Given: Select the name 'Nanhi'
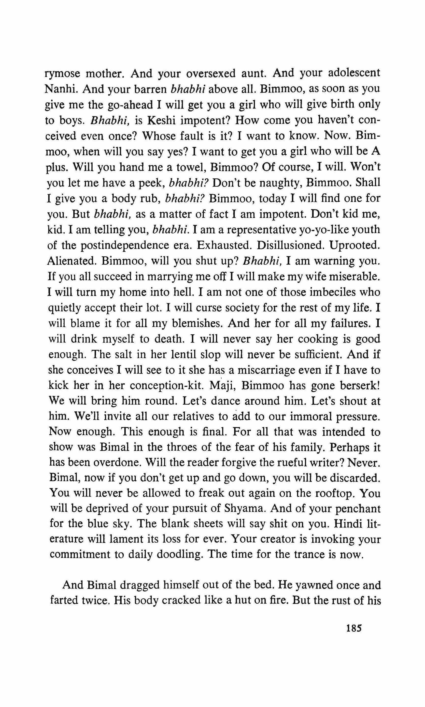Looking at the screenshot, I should (x=61, y=89).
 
